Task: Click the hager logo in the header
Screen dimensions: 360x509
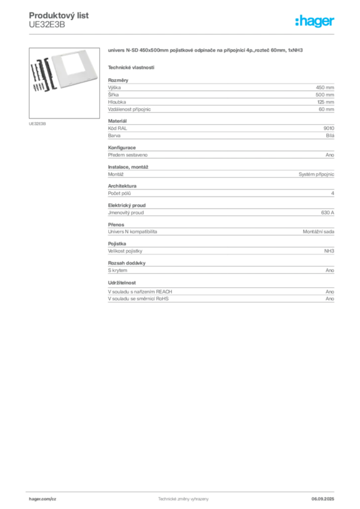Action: click(x=315, y=21)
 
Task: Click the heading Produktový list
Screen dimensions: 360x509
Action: click(x=59, y=15)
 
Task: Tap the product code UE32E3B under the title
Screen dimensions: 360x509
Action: click(x=47, y=25)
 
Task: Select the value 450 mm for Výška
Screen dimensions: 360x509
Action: click(x=325, y=87)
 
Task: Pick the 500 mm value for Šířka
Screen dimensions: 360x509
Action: click(x=325, y=95)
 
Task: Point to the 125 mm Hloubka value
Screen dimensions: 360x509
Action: click(x=326, y=102)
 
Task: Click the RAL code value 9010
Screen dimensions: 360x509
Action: click(x=329, y=128)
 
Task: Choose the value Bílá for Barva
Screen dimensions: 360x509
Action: click(x=330, y=136)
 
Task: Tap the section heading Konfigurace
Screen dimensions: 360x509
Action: click(x=122, y=148)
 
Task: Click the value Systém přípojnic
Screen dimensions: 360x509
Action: click(x=317, y=174)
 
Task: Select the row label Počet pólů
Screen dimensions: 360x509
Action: click(x=119, y=193)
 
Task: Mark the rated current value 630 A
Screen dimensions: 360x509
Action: click(x=328, y=213)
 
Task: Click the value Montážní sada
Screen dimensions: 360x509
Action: click(x=318, y=232)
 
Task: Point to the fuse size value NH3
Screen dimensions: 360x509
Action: click(x=329, y=251)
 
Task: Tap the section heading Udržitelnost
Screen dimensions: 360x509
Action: click(x=122, y=283)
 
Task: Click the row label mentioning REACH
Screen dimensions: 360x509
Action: click(x=140, y=292)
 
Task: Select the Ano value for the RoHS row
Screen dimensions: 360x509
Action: click(x=330, y=299)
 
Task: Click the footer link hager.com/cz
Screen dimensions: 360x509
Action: click(x=43, y=499)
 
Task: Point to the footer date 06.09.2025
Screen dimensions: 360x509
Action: click(x=323, y=499)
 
